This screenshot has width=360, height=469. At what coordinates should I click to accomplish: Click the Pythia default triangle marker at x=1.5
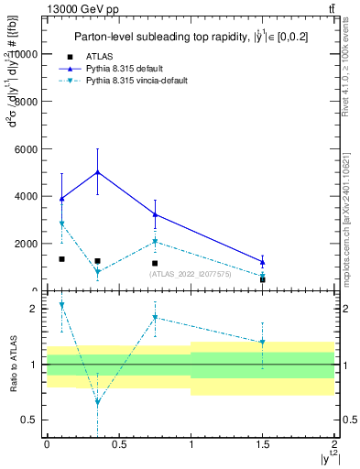point(262,261)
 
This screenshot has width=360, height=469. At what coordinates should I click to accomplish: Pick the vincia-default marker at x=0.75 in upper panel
point(155,242)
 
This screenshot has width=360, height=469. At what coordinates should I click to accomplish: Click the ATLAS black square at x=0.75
point(155,263)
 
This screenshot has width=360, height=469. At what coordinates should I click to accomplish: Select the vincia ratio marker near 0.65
point(97,402)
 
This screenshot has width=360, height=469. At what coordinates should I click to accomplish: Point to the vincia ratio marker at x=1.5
point(262,342)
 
